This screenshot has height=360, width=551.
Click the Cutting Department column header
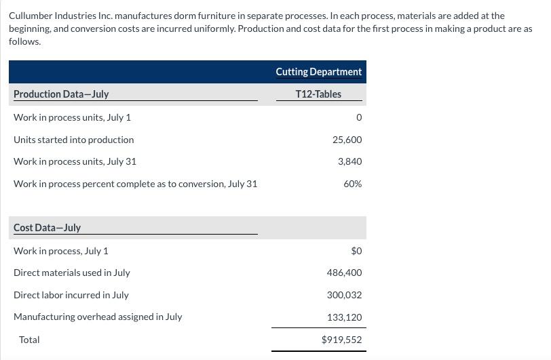(x=318, y=72)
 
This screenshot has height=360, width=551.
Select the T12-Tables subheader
(x=318, y=94)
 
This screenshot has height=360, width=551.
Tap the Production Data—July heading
(x=61, y=94)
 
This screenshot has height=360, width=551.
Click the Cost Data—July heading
(x=47, y=228)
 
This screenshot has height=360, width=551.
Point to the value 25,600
(x=347, y=140)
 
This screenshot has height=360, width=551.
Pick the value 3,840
(x=350, y=161)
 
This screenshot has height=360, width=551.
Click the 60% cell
(x=353, y=184)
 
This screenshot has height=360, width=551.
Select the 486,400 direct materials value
(x=345, y=273)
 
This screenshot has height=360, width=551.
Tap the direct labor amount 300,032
(x=345, y=295)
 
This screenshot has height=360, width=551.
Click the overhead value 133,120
(x=345, y=317)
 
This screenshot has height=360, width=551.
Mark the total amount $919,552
(x=341, y=340)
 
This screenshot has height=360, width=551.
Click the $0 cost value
(x=356, y=251)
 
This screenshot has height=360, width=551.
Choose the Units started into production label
(x=74, y=140)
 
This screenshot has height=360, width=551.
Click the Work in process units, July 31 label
(x=75, y=161)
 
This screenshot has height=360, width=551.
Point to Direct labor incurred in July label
(x=71, y=295)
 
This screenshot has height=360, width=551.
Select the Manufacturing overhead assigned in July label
(x=98, y=317)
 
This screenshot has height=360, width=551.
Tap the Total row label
(x=29, y=340)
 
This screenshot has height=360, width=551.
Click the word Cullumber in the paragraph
(x=31, y=16)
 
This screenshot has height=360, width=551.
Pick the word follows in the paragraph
(x=24, y=41)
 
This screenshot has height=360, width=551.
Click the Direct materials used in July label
(x=72, y=273)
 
